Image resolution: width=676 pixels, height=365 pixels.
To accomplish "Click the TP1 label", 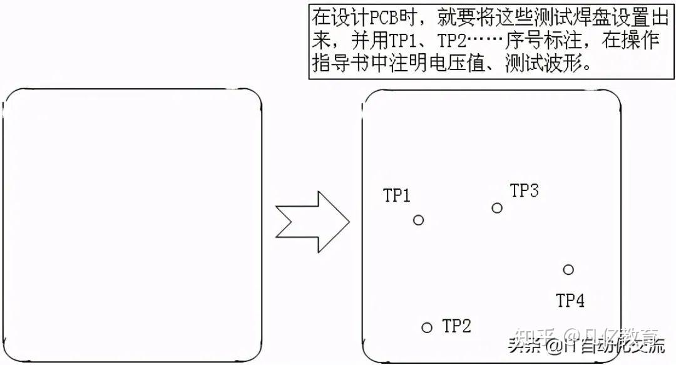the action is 397,196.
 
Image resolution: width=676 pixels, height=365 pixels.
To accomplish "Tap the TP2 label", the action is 457,326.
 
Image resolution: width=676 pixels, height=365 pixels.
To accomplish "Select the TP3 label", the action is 525,191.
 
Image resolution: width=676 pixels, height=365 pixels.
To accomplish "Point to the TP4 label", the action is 570,301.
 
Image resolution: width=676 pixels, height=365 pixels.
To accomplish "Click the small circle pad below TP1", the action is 419,220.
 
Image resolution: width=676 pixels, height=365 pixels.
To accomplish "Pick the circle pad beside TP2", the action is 427,327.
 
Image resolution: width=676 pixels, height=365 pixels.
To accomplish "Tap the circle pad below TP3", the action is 497,208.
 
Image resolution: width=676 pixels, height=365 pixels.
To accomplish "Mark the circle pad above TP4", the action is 568,270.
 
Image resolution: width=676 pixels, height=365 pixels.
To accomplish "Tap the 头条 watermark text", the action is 524,344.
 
